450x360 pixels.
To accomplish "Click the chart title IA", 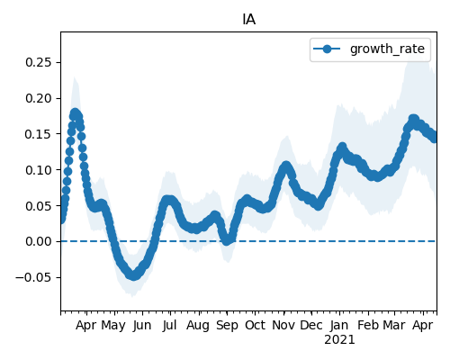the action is pyautogui.click(x=248, y=20).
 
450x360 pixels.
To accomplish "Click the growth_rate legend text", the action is pyautogui.click(x=387, y=49).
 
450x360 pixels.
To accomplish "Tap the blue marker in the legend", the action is pyautogui.click(x=327, y=49).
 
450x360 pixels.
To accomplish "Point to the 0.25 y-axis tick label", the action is pyautogui.click(x=39, y=62).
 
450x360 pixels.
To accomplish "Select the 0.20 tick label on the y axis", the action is pyautogui.click(x=39, y=98).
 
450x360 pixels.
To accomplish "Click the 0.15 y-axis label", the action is pyautogui.click(x=39, y=134).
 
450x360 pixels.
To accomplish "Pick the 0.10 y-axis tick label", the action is pyautogui.click(x=39, y=170).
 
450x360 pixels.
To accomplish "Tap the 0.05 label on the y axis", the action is pyautogui.click(x=39, y=206).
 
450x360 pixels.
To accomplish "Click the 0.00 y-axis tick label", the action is pyautogui.click(x=39, y=241).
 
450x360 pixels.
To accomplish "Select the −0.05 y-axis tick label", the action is pyautogui.click(x=33, y=277).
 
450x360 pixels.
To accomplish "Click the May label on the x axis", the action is pyautogui.click(x=113, y=326).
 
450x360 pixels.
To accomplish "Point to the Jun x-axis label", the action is pyautogui.click(x=142, y=326).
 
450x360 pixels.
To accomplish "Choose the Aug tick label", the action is pyautogui.click(x=198, y=326).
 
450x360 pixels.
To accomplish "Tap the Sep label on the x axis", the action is pyautogui.click(x=227, y=326).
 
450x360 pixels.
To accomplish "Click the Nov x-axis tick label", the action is pyautogui.click(x=283, y=325).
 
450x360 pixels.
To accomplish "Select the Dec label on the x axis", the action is pyautogui.click(x=311, y=325).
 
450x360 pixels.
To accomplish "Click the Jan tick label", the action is pyautogui.click(x=339, y=326).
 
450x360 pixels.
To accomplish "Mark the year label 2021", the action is pyautogui.click(x=339, y=340).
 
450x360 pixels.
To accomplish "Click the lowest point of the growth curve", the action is pyautogui.click(x=134, y=275).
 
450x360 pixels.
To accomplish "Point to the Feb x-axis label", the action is pyautogui.click(x=368, y=325).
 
